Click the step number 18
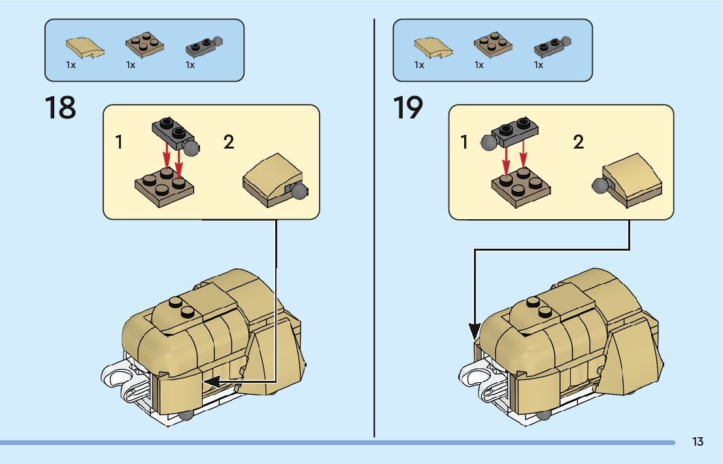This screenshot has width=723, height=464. [60, 108]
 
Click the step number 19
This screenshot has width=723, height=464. [408, 108]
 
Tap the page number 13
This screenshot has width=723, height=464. [698, 442]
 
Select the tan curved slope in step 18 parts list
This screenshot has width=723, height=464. [84, 47]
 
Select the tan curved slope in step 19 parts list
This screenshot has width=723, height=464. [432, 47]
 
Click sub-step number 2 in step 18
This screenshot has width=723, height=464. [229, 142]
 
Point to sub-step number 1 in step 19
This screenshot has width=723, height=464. [464, 142]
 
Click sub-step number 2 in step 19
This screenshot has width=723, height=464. [579, 142]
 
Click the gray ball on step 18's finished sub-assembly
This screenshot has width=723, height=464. [300, 191]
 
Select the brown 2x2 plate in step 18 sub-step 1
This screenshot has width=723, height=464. [164, 186]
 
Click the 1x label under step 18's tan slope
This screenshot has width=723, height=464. [71, 65]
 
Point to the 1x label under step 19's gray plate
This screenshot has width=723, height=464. [539, 65]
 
